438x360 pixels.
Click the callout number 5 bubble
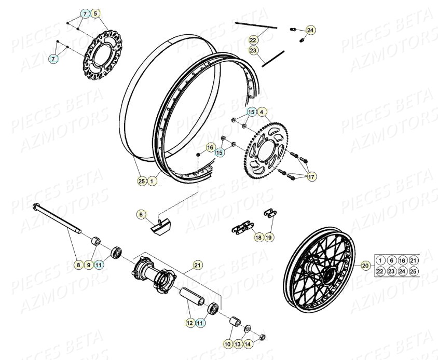(x=95, y=13)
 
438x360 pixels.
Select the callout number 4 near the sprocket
(x=262, y=112)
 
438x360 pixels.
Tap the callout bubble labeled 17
(x=311, y=177)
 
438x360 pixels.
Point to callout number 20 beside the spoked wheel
(x=365, y=266)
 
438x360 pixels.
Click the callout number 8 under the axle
(x=77, y=265)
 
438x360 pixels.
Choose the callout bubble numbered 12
(x=189, y=323)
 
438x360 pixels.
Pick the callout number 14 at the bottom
(x=248, y=344)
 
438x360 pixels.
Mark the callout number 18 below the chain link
(x=258, y=238)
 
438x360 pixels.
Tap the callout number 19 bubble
(x=269, y=238)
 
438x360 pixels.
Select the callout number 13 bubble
(x=237, y=344)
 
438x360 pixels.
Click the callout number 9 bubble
(x=88, y=265)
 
